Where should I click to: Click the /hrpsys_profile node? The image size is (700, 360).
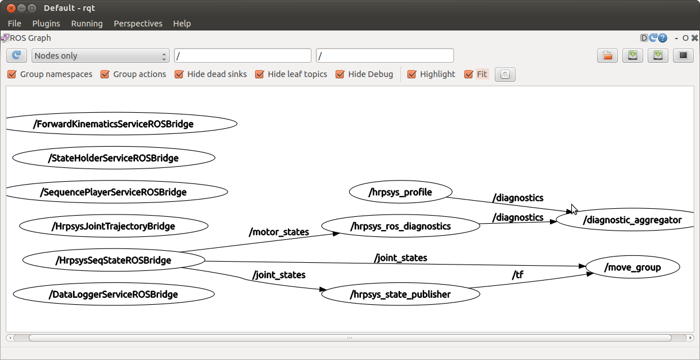point(401,192)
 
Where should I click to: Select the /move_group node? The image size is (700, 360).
point(633,267)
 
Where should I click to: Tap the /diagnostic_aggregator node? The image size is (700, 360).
point(628,220)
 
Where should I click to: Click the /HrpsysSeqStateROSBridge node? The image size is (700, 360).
point(113,260)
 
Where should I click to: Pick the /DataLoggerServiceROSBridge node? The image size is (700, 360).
point(113,294)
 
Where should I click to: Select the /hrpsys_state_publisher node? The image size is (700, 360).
point(401,294)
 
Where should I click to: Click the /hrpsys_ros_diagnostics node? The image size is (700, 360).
point(401,226)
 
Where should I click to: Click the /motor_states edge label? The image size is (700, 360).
point(279,232)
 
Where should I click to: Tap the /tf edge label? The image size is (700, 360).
point(517,275)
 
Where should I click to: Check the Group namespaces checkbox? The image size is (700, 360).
point(12,74)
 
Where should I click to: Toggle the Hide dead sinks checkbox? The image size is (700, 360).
point(179,74)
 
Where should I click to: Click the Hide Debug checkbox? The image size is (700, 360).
point(340,74)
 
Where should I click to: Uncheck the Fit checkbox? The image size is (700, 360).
point(468,74)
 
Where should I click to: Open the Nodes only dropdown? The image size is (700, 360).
point(101,56)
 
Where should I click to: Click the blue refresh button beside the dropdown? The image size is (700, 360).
point(17,56)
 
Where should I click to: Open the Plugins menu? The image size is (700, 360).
point(46,24)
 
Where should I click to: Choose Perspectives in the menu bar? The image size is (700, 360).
point(138,24)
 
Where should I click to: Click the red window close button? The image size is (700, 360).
point(11,8)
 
